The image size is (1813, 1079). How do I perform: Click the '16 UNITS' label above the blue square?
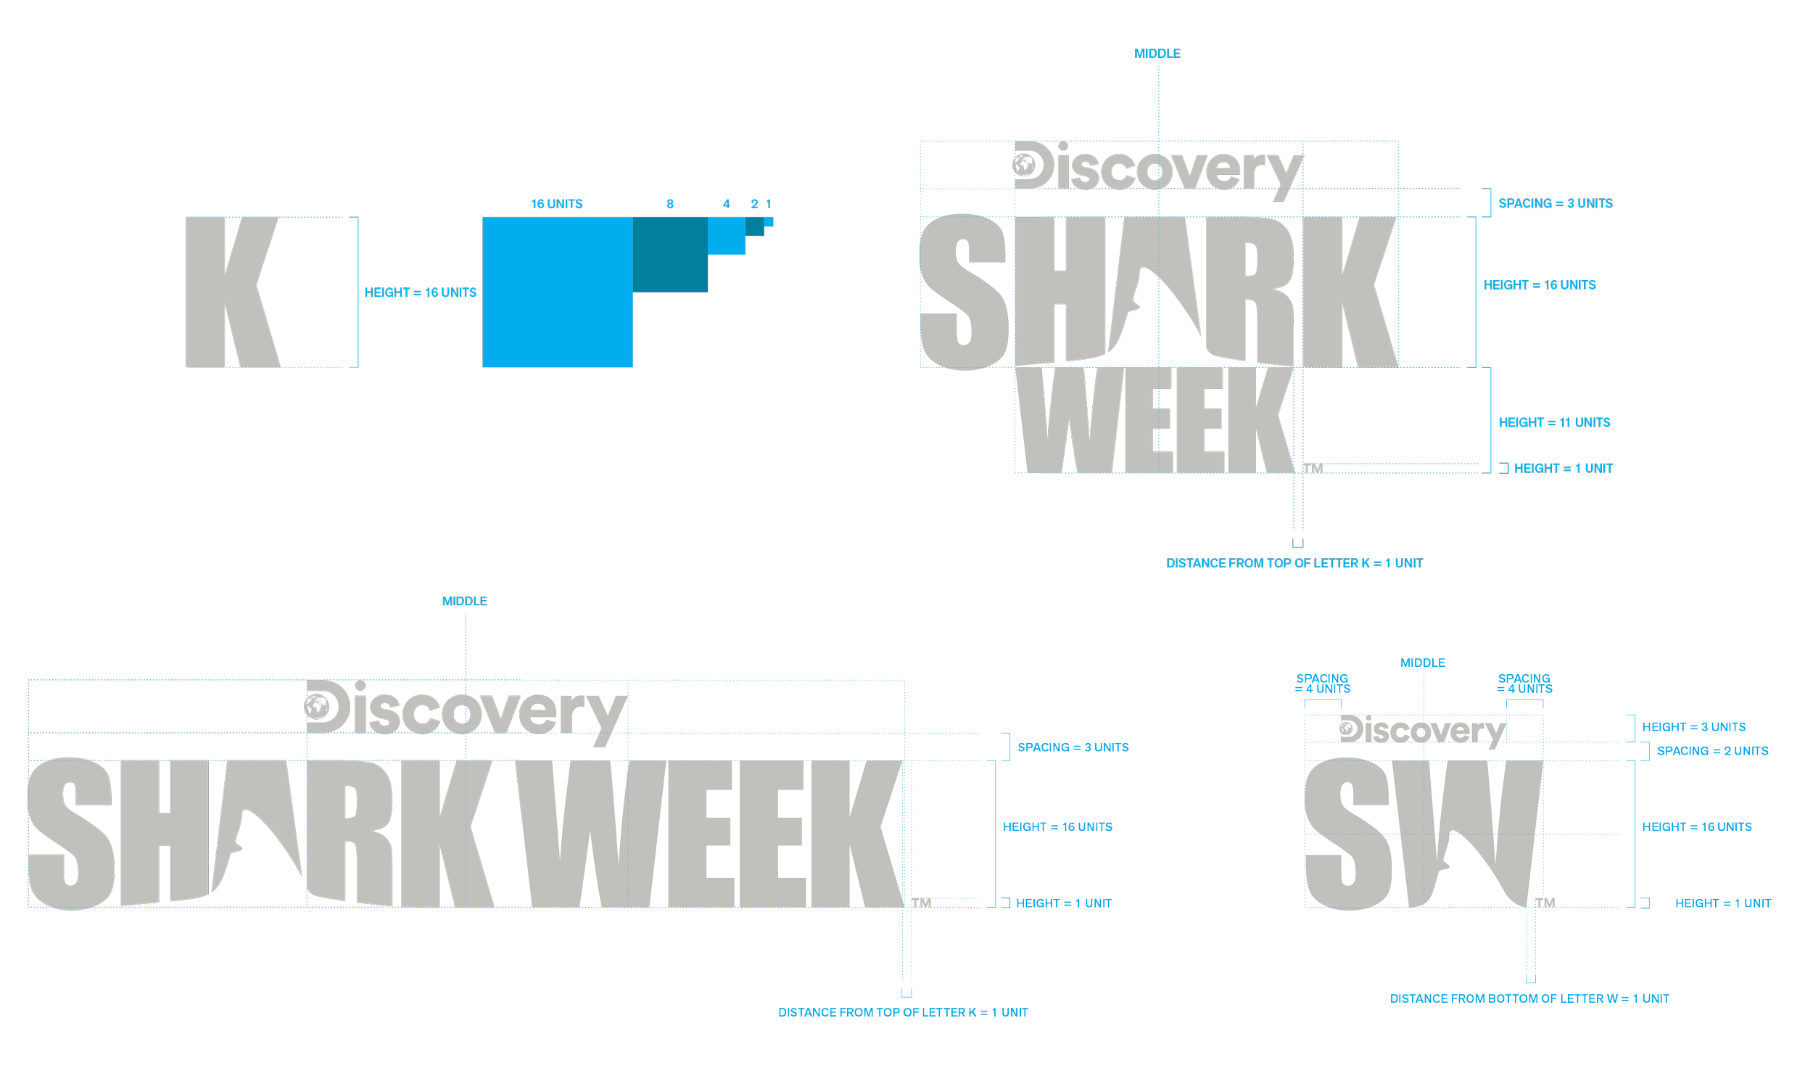pos(556,205)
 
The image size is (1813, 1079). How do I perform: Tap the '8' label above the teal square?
pos(669,205)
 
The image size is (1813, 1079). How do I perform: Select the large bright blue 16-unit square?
pos(557,292)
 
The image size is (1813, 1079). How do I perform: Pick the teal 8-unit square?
pos(669,255)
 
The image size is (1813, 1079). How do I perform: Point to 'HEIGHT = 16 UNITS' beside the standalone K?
pos(420,292)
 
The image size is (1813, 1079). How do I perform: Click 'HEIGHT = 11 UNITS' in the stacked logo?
pos(1553,422)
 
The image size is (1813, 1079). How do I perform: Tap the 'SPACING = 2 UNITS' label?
pos(1711,751)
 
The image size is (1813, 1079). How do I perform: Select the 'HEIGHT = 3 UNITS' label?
pos(1693,727)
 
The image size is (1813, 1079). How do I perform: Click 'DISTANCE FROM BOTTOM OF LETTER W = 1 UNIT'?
pos(1528,999)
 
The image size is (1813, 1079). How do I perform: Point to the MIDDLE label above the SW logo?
pos(1422,663)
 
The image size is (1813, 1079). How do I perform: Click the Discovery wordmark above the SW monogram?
pos(1421,731)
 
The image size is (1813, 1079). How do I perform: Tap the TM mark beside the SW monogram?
pos(1544,903)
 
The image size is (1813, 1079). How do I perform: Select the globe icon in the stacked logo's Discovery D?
pos(1024,165)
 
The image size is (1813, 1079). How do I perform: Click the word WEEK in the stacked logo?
pos(1155,420)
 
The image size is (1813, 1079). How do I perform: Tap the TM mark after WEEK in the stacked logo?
pos(1313,468)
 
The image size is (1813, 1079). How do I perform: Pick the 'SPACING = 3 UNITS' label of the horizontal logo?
pos(1072,747)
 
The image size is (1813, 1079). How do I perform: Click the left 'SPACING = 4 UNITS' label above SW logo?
pos(1322,684)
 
